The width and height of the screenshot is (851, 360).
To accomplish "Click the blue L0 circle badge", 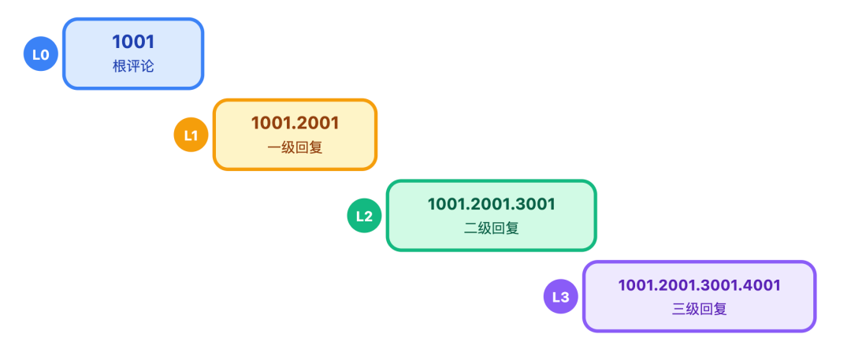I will [40, 54].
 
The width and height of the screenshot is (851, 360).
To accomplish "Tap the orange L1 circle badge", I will [191, 135].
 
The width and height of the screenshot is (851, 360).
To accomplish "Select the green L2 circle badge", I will [364, 216].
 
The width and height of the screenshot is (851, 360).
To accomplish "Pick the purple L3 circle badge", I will [560, 297].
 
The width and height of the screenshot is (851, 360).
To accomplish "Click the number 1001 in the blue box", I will [132, 43].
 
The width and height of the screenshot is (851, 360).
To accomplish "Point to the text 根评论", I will [132, 66].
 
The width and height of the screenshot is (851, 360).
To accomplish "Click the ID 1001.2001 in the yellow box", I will [295, 123].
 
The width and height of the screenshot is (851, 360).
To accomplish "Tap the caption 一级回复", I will [295, 147].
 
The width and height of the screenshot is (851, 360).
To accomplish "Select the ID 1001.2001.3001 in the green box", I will [491, 204].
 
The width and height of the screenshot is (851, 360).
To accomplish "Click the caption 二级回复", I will [491, 228].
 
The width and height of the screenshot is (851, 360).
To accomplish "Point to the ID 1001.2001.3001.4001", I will [699, 285].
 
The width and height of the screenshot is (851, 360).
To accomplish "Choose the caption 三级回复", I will [699, 310].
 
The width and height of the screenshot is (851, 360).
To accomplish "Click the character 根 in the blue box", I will [119, 66].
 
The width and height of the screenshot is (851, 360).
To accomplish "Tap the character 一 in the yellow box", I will [274, 147].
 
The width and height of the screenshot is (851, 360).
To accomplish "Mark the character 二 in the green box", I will [470, 228].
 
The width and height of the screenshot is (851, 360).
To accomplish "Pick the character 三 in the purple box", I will [678, 310].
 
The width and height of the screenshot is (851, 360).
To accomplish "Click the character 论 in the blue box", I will [147, 66].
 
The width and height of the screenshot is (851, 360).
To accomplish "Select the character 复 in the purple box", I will [719, 310].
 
